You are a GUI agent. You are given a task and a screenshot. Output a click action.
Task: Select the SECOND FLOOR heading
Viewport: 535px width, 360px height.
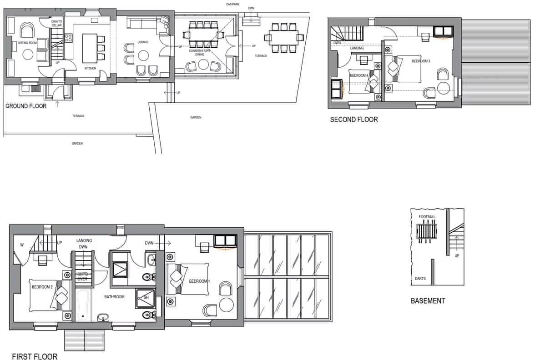(x=354, y=120)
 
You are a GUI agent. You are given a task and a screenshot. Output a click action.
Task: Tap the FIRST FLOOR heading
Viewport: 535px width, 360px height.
(x=35, y=356)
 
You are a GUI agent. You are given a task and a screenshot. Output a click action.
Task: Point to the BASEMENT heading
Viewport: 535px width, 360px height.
(x=428, y=300)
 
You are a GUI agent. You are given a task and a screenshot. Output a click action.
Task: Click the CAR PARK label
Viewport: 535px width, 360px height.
(x=232, y=4)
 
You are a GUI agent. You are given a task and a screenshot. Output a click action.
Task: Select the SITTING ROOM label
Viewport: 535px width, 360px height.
(x=27, y=43)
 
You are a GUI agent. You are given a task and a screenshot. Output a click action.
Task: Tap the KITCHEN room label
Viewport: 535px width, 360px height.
(x=90, y=68)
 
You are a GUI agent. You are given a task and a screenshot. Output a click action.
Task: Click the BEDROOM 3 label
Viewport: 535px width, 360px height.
(x=421, y=60)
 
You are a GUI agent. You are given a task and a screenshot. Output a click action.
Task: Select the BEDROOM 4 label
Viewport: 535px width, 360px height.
(x=359, y=75)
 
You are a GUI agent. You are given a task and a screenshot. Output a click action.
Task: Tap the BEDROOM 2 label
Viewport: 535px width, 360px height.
(x=42, y=287)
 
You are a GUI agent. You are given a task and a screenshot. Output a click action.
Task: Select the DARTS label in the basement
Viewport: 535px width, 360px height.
(x=420, y=278)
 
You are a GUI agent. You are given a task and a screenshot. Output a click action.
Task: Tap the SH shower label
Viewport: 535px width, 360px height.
(x=146, y=297)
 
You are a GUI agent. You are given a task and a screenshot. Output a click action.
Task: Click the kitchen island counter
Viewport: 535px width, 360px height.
(x=89, y=48)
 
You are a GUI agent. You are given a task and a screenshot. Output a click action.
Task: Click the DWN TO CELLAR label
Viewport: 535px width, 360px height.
(x=56, y=23)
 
